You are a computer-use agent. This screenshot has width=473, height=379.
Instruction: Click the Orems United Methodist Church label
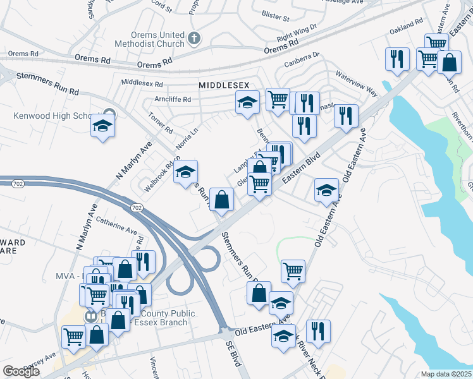(150, 39)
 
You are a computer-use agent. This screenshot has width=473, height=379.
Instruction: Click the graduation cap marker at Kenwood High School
(102, 126)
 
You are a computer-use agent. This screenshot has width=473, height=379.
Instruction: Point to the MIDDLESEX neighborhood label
(224, 85)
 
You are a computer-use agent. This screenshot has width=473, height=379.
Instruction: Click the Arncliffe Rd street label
(173, 99)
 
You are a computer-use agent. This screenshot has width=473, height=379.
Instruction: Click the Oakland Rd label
(406, 25)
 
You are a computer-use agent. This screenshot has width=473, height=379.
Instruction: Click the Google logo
(21, 371)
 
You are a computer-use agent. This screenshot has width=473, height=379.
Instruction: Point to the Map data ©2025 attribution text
(445, 374)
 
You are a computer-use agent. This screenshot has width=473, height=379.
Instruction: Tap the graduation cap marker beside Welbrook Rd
(185, 172)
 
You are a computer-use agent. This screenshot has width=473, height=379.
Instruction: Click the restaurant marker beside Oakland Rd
(397, 59)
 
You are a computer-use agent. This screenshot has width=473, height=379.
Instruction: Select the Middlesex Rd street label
(142, 83)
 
